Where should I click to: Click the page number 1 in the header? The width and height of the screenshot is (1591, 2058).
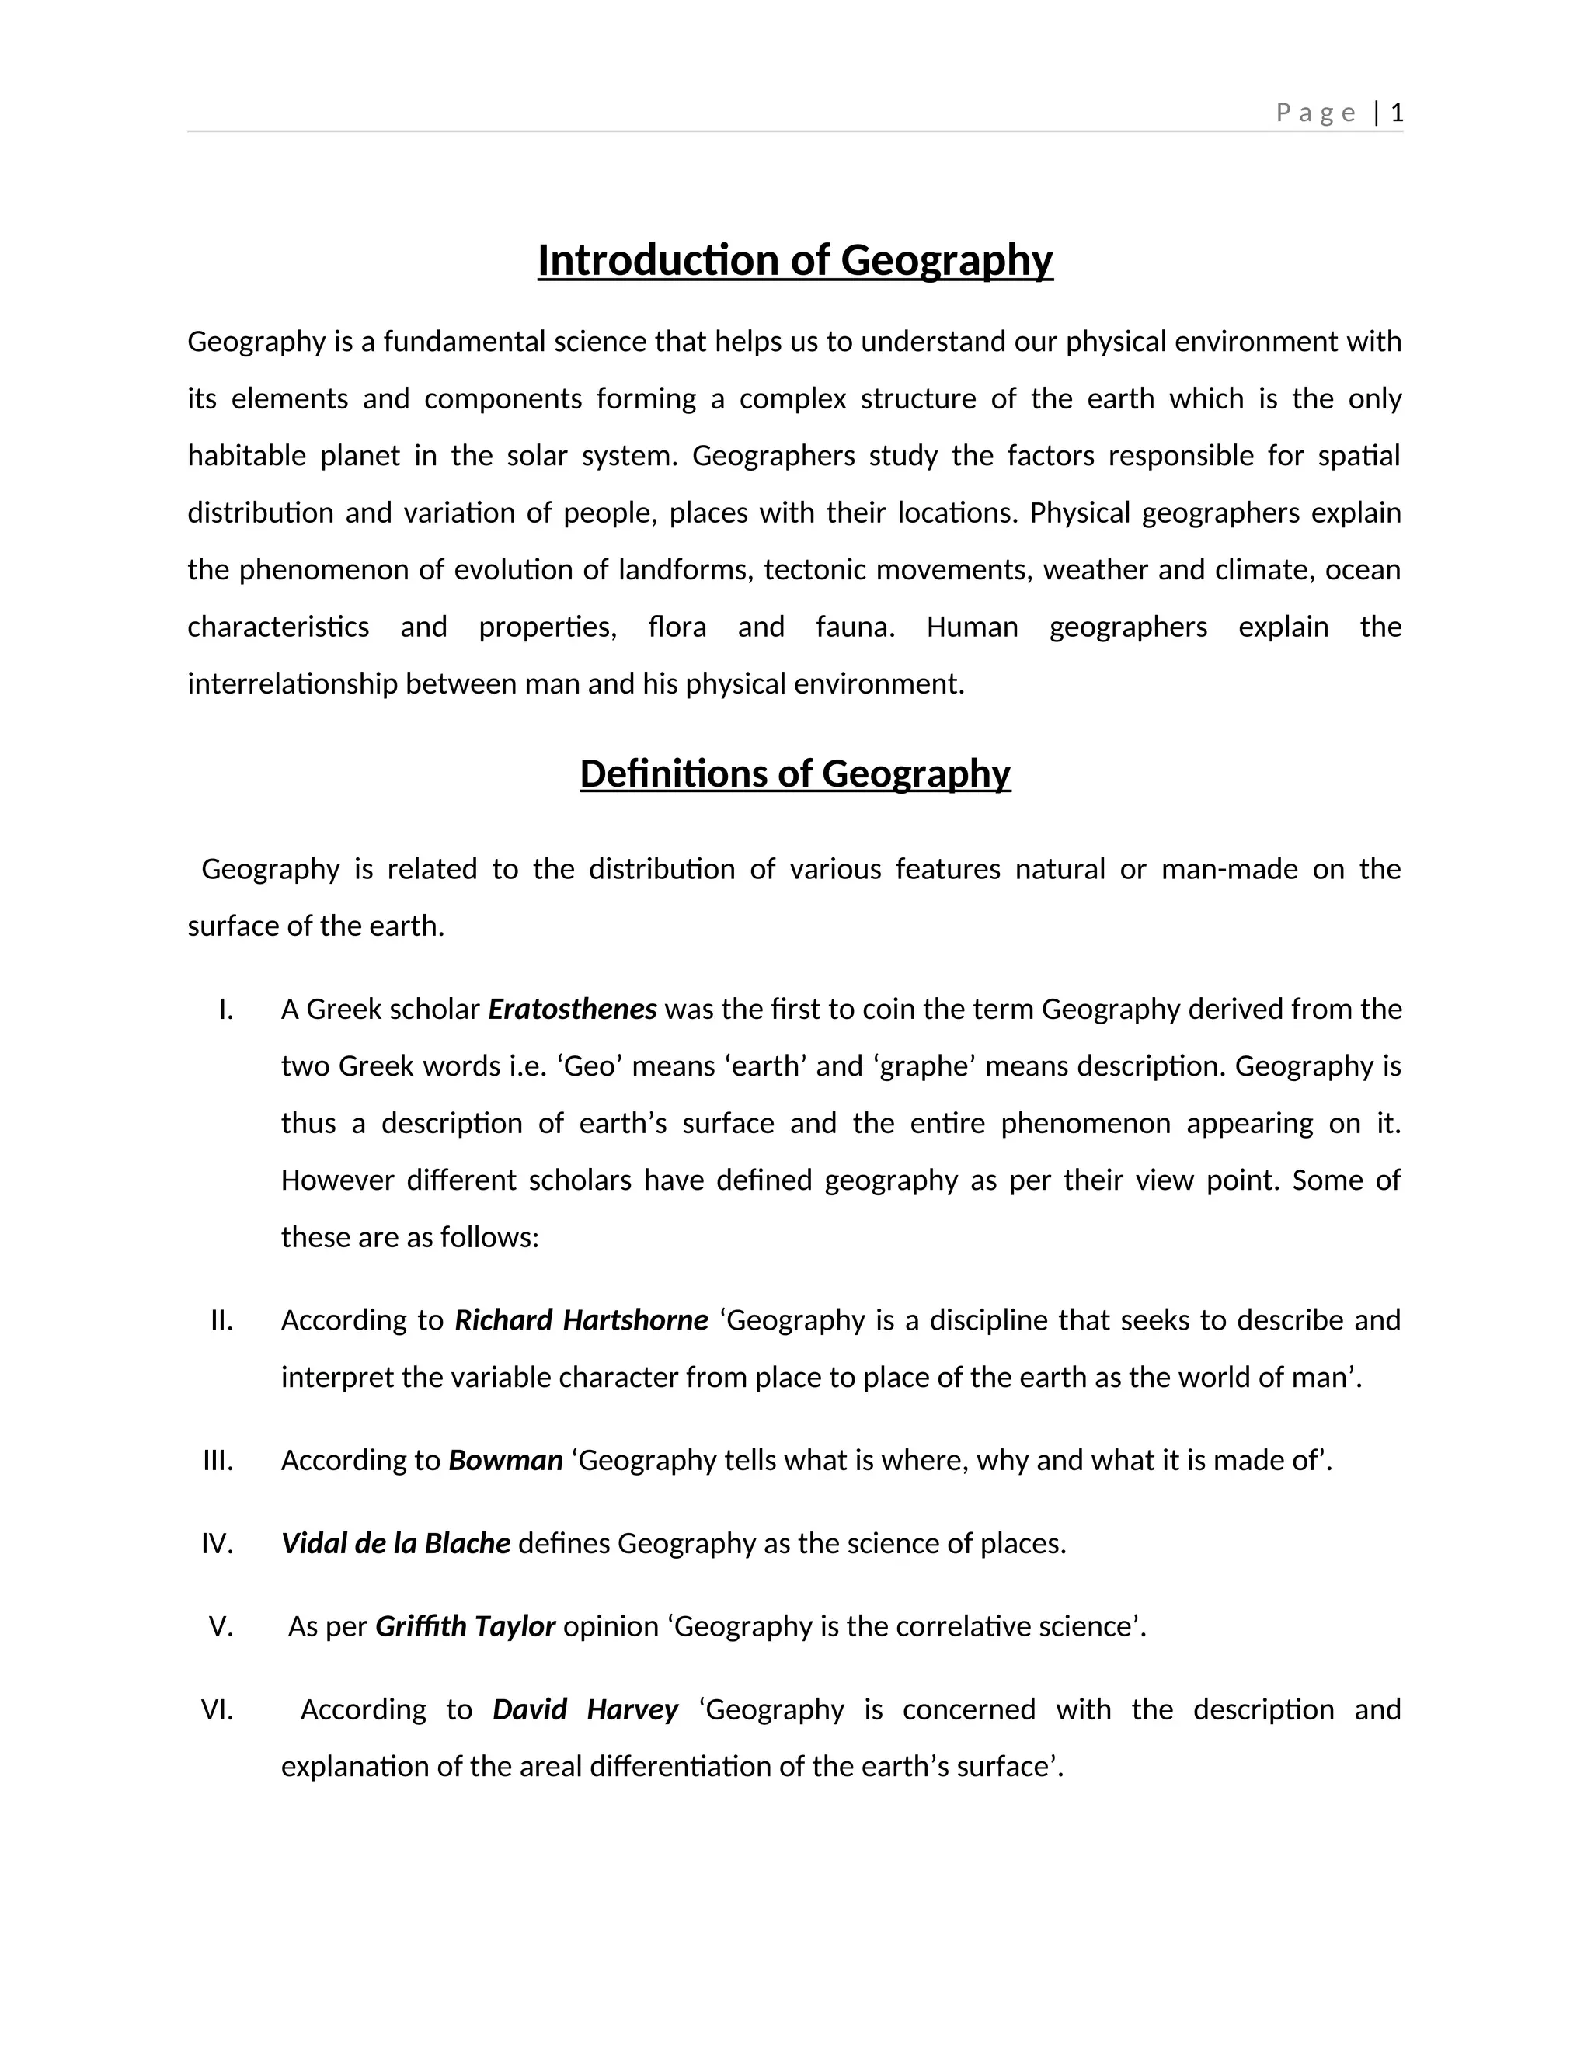(1397, 113)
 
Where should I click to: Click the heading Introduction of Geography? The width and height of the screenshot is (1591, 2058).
(795, 260)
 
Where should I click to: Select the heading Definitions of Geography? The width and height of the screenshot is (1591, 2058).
(795, 773)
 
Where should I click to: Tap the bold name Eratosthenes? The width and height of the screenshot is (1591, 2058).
(572, 1010)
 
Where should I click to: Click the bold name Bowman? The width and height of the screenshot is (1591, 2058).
(505, 1460)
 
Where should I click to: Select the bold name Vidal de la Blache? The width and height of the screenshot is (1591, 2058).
(396, 1544)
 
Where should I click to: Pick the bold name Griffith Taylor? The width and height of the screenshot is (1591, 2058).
(465, 1626)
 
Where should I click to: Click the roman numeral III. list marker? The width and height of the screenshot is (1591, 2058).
(218, 1461)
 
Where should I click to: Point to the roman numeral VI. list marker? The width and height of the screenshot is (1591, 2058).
(217, 1709)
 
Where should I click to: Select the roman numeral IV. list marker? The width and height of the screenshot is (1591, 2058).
(217, 1544)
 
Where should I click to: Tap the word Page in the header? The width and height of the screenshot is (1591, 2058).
(1316, 113)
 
